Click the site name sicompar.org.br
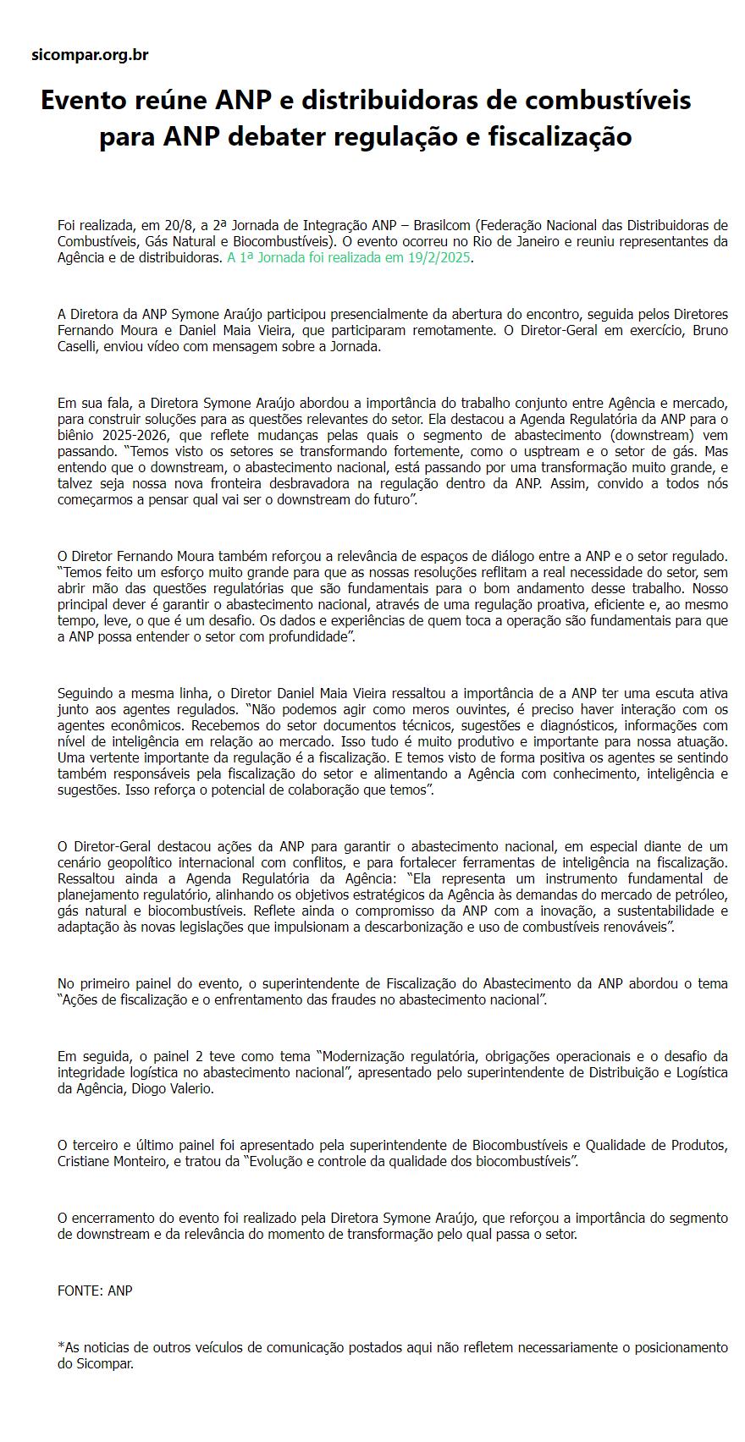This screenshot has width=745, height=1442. coord(90,56)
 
